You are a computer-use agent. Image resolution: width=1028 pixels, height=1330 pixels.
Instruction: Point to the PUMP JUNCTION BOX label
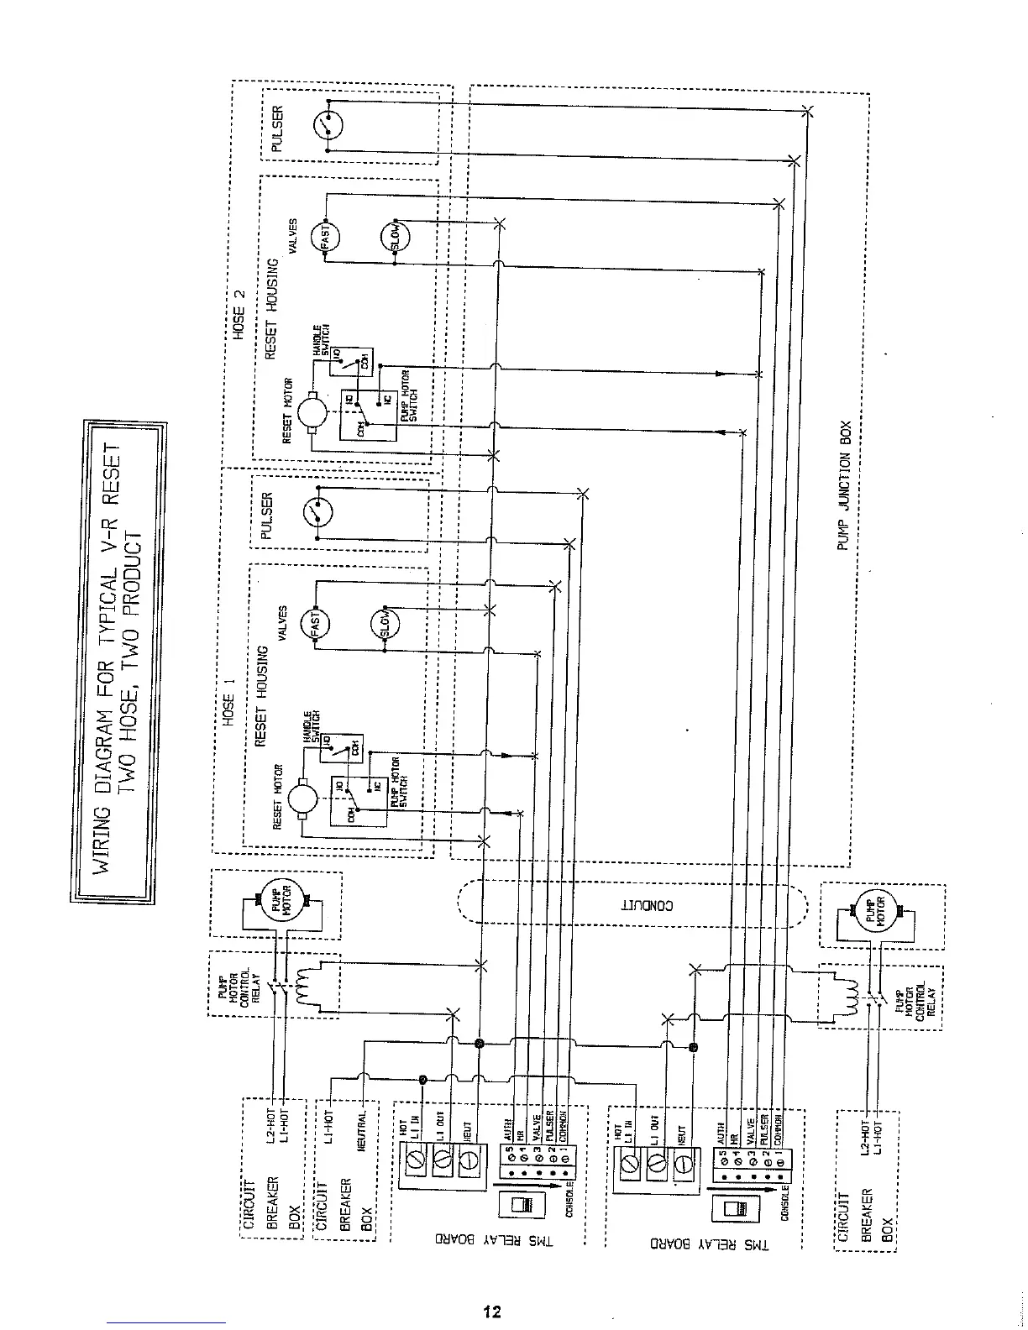point(845,487)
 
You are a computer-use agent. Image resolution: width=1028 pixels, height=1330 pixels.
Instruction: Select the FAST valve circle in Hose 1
point(316,624)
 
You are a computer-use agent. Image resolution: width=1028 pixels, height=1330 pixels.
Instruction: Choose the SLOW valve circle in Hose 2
point(393,238)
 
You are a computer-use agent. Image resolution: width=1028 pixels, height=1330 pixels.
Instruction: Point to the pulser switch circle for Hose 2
point(326,126)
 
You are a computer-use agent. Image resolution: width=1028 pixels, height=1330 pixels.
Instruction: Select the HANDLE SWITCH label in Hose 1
point(310,727)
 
